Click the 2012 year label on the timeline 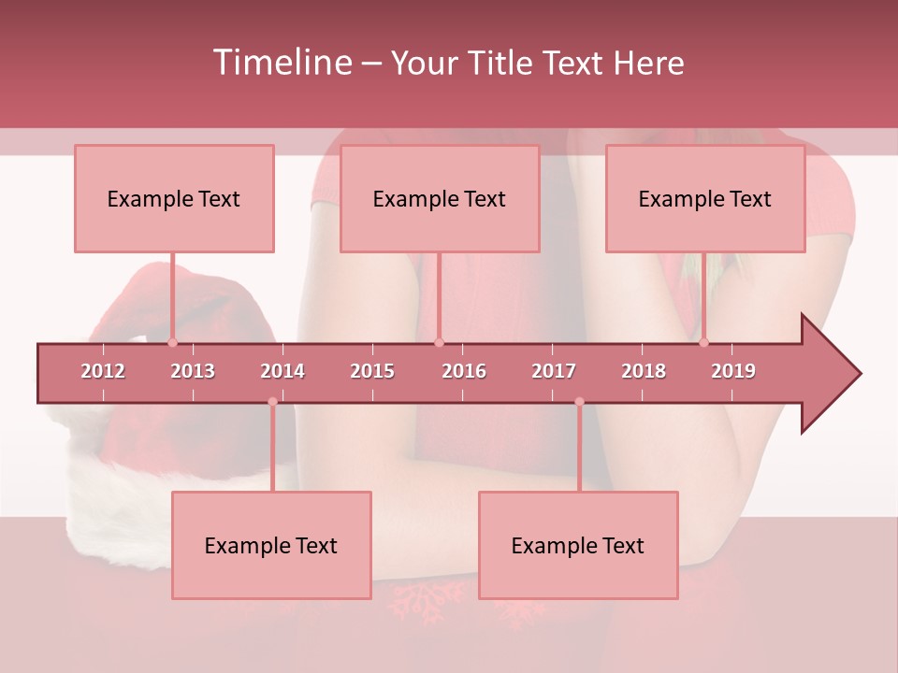(x=103, y=371)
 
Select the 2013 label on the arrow (x=193, y=371)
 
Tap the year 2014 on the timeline (x=282, y=371)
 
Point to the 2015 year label (x=372, y=371)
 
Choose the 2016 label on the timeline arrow (x=464, y=371)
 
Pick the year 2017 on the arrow (x=554, y=371)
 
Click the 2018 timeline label (x=644, y=371)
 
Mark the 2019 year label (x=733, y=371)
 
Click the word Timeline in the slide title (x=280, y=63)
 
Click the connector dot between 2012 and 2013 (x=172, y=342)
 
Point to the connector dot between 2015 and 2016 (x=439, y=342)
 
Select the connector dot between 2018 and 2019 (x=703, y=342)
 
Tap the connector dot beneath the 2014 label (x=272, y=402)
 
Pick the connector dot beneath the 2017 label (x=579, y=402)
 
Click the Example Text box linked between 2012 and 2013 (x=174, y=198)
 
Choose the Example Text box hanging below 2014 (x=271, y=545)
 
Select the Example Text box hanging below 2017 (x=578, y=545)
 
